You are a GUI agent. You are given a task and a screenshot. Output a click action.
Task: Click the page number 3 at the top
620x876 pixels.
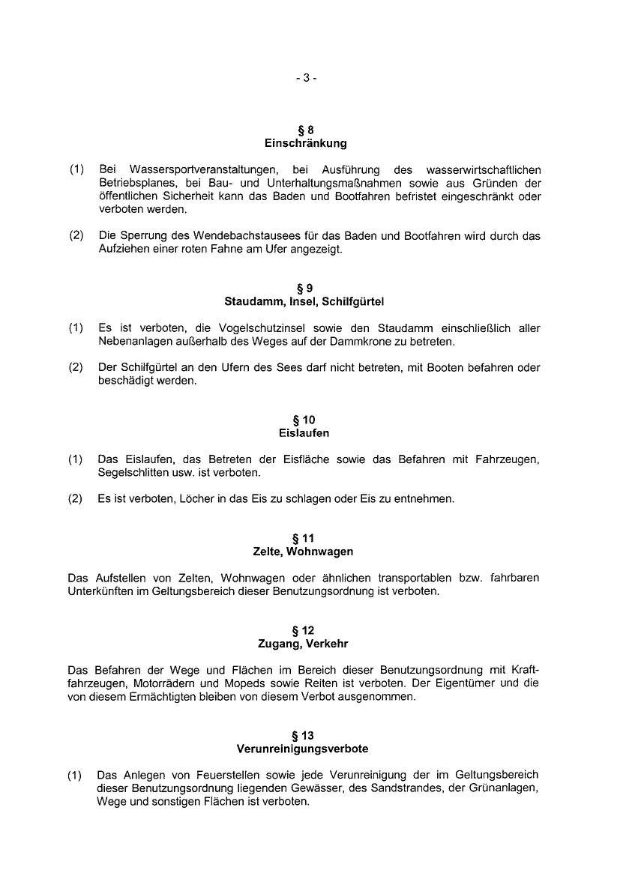306,78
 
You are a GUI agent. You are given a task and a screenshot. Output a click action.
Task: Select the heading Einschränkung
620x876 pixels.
305,142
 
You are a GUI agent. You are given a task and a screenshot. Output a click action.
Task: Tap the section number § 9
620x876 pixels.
305,288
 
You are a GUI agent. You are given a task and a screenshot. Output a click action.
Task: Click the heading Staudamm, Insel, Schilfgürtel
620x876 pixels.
305,301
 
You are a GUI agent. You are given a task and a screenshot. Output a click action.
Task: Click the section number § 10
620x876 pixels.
305,420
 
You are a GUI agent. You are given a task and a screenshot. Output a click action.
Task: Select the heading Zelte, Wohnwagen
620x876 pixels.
305,552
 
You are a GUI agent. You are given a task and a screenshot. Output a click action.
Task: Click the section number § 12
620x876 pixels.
305,630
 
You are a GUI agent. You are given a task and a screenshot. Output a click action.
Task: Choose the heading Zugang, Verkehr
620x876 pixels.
305,644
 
